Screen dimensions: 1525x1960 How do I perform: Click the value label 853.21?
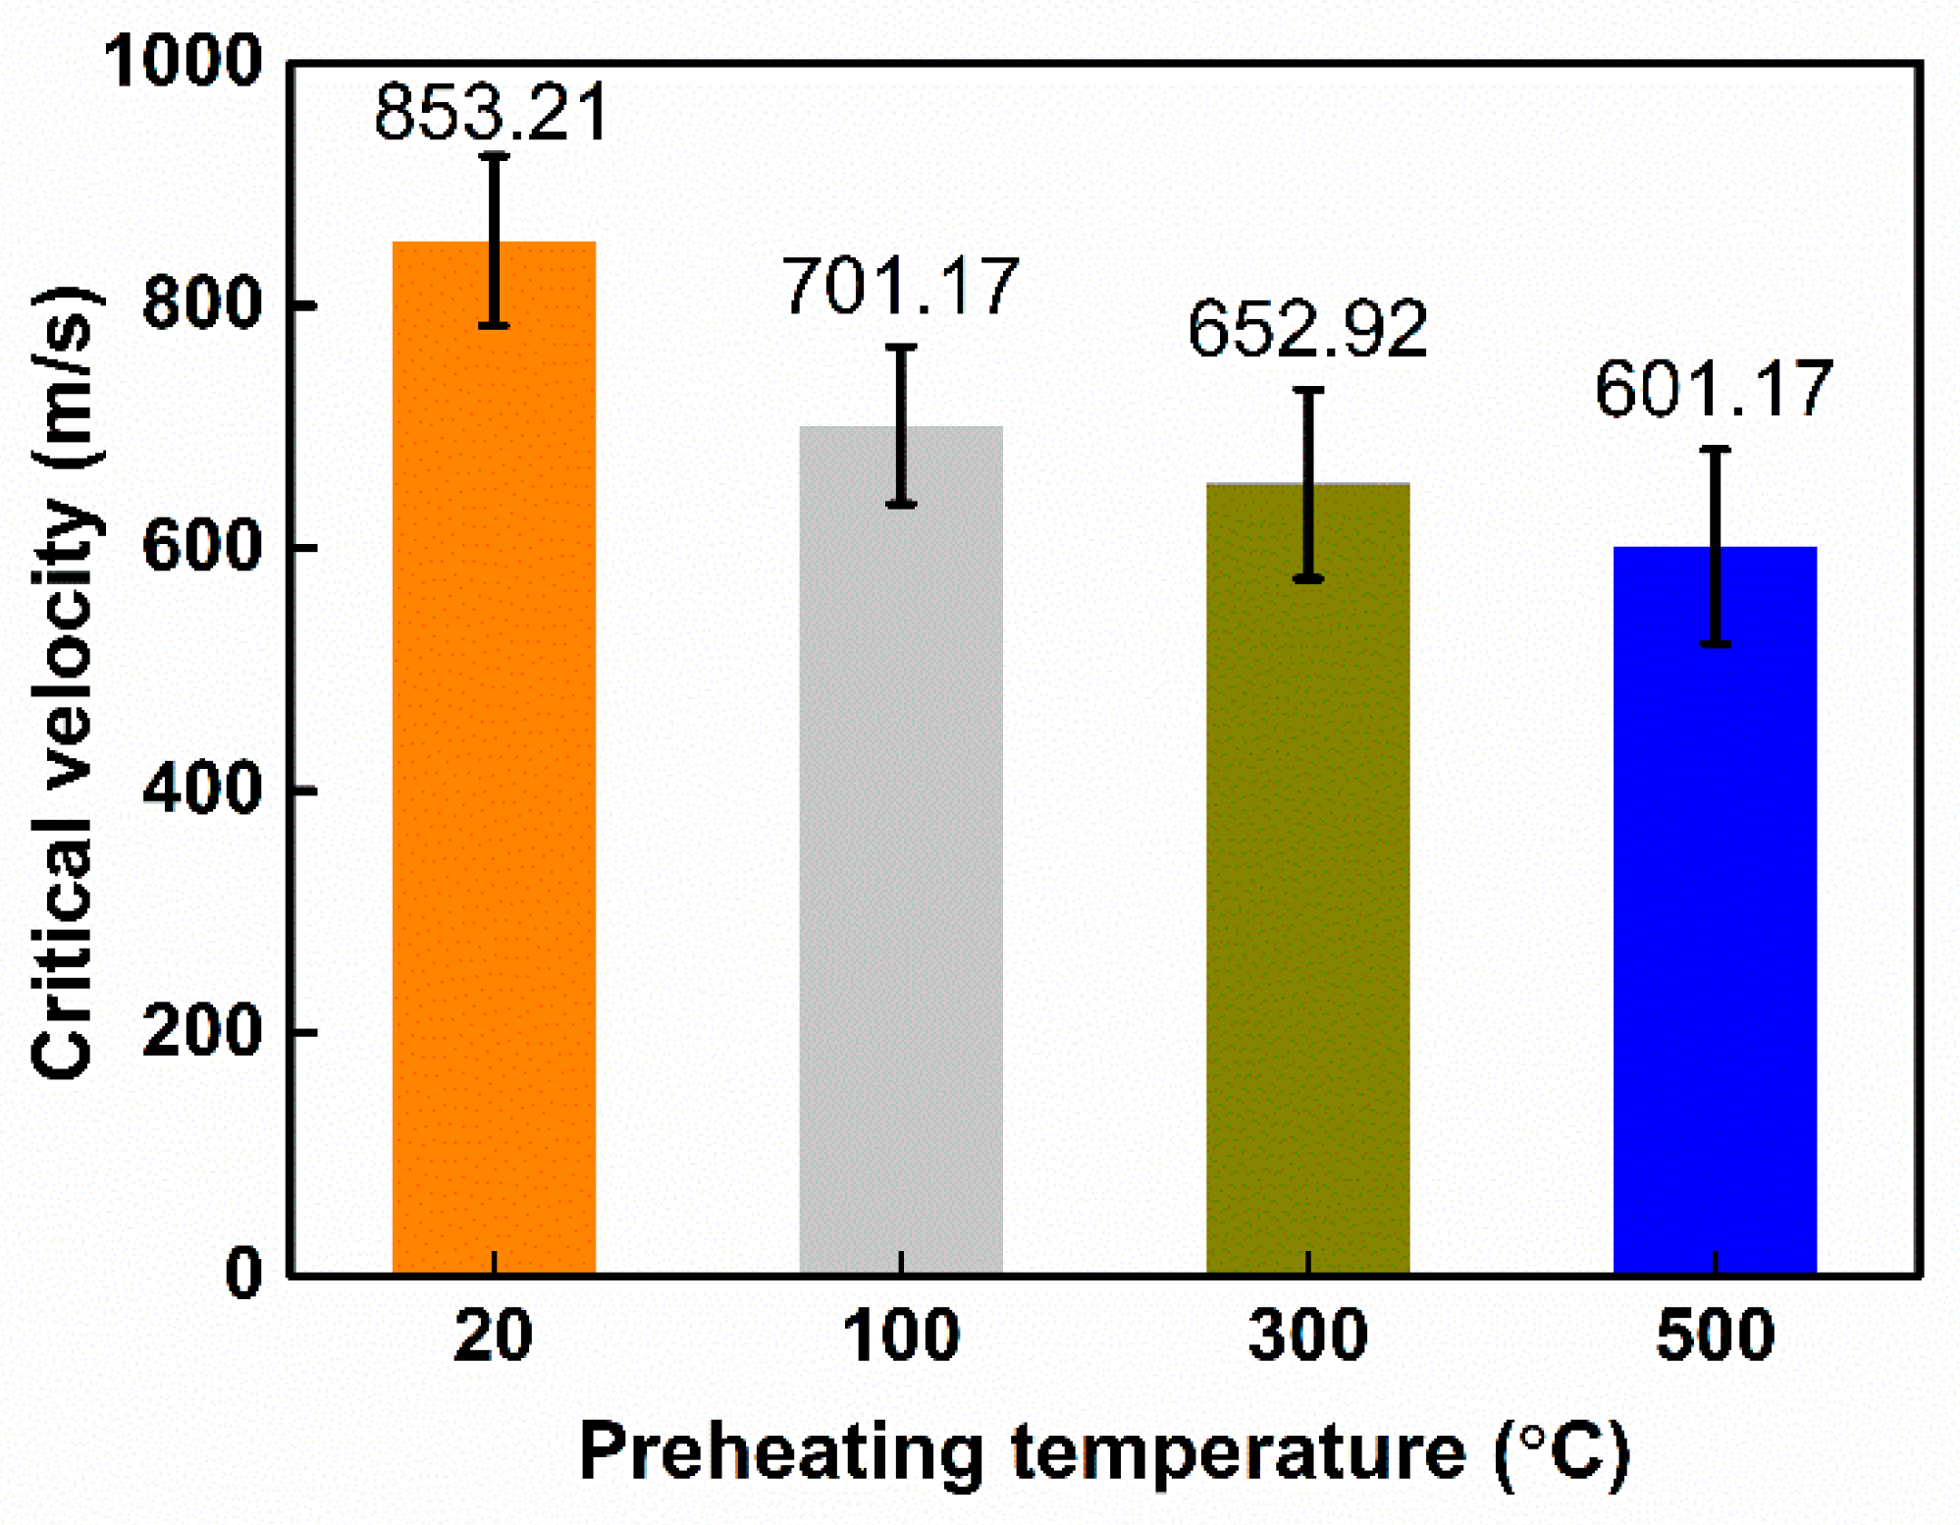[492, 112]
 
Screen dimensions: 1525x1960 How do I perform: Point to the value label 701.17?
[900, 287]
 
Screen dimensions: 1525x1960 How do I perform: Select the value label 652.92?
[1307, 329]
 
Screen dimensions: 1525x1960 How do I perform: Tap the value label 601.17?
[1714, 390]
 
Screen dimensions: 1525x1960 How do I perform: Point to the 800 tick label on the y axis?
[203, 303]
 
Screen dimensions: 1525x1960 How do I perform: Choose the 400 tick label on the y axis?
[203, 789]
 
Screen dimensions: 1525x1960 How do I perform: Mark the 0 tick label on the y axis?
[244, 1273]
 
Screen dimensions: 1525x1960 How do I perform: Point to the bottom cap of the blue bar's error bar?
[1715, 644]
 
